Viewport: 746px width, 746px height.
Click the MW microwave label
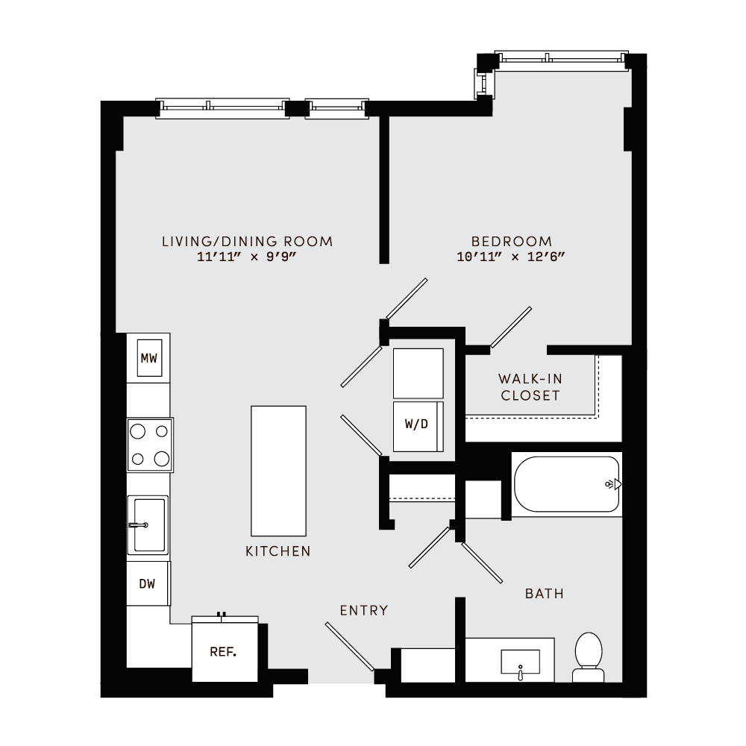(149, 359)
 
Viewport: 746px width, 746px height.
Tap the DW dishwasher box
(148, 583)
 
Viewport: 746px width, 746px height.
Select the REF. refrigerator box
(223, 651)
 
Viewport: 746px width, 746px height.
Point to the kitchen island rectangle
(278, 470)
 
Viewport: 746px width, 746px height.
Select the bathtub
(566, 484)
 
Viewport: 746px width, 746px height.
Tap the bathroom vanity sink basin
(520, 661)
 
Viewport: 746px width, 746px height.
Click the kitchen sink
(148, 525)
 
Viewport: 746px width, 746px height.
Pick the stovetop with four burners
(150, 445)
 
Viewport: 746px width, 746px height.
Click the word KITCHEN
(278, 552)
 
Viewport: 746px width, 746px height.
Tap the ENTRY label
(364, 610)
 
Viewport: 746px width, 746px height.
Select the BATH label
(545, 594)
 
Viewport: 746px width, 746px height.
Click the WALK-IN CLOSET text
(530, 388)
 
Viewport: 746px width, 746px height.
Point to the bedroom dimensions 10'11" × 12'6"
(512, 257)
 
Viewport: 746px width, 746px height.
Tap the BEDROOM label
(512, 242)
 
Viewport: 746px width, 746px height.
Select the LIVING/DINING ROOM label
(247, 242)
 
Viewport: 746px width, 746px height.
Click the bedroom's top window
(560, 59)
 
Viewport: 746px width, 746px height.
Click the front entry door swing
(349, 647)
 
